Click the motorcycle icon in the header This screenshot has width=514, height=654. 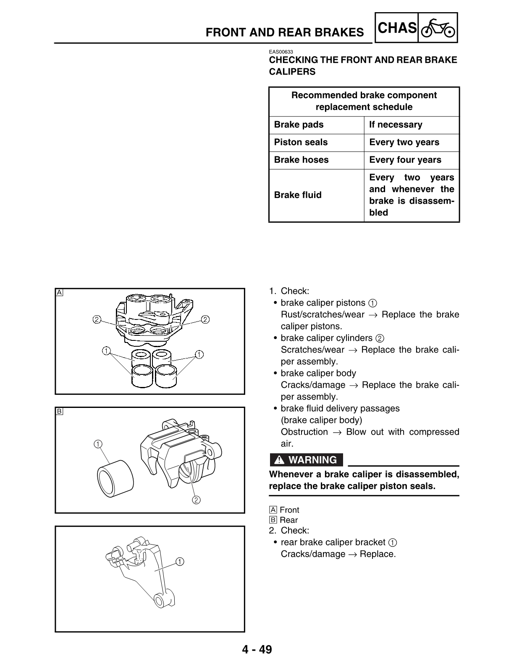pos(438,29)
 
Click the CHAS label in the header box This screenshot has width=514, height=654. pos(397,28)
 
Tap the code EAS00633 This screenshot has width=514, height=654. pos(281,52)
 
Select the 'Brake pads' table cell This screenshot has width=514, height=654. pos(299,125)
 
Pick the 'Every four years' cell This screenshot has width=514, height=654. pos(405,160)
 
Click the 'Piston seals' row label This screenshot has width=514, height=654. pos(301,142)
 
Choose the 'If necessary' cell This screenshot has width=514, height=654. pos(396,125)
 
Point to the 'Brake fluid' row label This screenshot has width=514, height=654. pos(298,195)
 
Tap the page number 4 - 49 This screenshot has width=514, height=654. pos(257,649)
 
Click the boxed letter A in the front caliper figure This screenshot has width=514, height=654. pos(60,292)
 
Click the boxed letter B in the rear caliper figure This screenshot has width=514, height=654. pos(60,411)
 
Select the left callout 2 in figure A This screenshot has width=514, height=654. pos(97,319)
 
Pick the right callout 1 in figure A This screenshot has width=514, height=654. pos(199,355)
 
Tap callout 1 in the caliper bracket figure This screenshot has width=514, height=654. pos(180,561)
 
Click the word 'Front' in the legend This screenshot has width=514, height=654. pos(289,510)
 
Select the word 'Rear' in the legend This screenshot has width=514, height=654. pos(288,520)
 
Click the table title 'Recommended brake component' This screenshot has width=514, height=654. pos(364,95)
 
